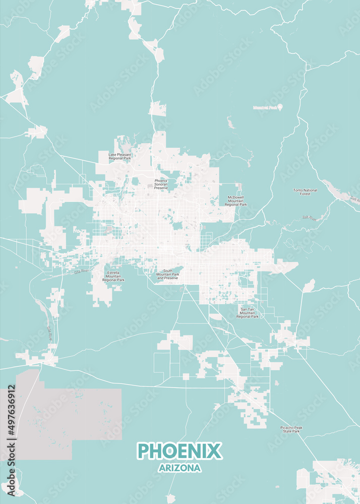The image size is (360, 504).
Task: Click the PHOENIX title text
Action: coord(179,451)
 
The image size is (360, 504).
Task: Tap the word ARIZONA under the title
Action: coord(179,468)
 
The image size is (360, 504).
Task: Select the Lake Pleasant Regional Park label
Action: coord(120,157)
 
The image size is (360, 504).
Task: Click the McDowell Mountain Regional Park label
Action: coord(235,201)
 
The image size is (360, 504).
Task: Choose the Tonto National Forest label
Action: coord(305,192)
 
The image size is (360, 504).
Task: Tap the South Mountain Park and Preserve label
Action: coord(167,275)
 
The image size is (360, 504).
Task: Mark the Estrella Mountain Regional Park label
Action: coord(113,276)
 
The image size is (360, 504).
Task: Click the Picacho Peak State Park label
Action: coord(291,429)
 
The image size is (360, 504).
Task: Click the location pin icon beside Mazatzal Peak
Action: coord(280,107)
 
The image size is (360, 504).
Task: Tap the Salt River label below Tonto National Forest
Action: coord(309,218)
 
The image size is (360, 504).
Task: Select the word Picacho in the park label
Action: coord(285,427)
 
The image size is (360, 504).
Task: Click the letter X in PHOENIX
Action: coord(214,451)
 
